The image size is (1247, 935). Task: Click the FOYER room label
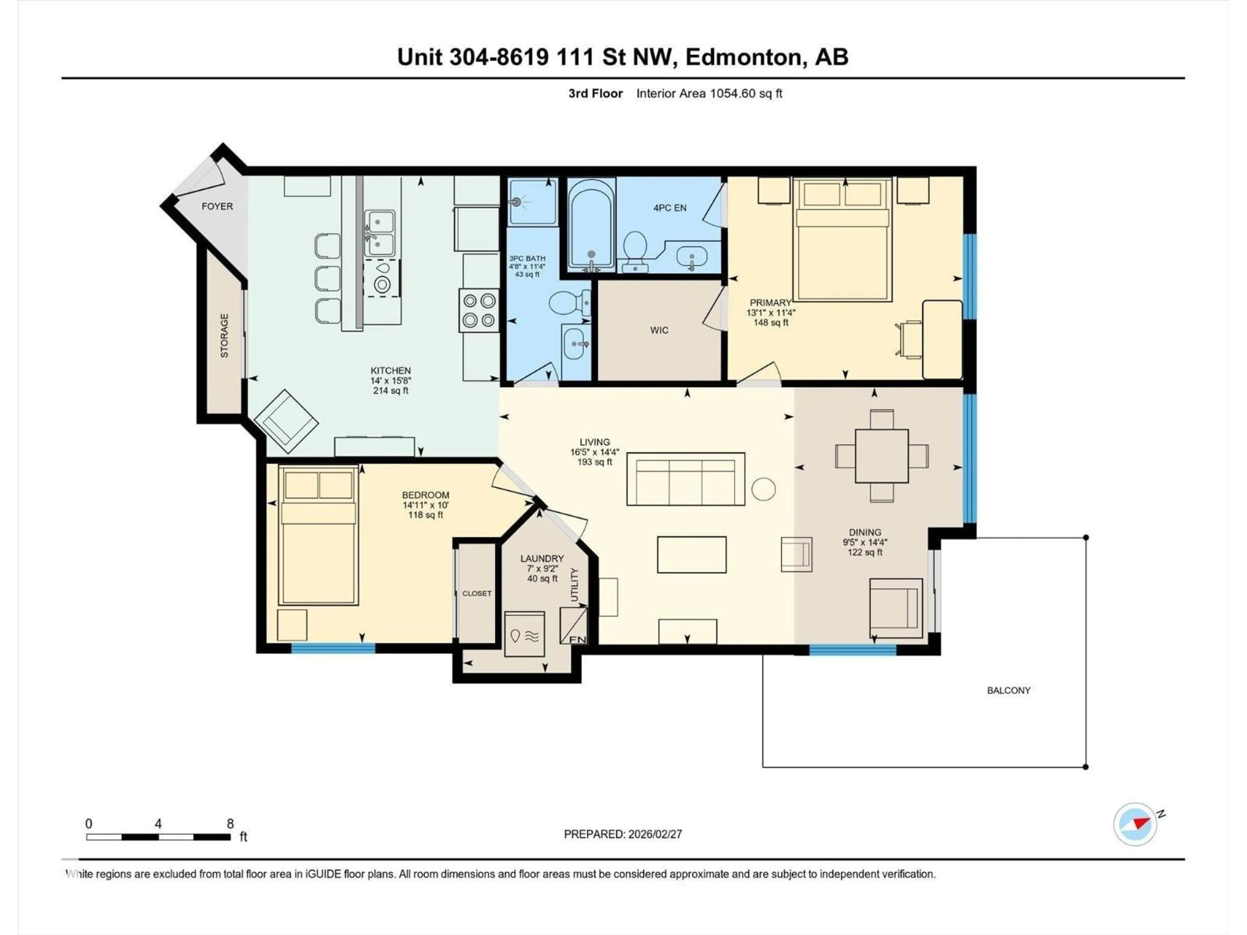tap(217, 206)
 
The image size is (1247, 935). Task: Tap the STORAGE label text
tap(224, 336)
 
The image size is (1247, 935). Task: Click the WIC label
tap(659, 330)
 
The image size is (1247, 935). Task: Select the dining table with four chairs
tap(882, 456)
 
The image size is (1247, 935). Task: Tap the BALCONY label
tap(1009, 691)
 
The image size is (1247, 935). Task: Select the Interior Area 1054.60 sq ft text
tap(709, 93)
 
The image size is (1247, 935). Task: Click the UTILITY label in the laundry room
tap(574, 585)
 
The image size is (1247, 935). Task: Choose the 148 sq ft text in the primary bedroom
tap(771, 323)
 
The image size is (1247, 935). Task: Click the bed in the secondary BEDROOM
tap(319, 535)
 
